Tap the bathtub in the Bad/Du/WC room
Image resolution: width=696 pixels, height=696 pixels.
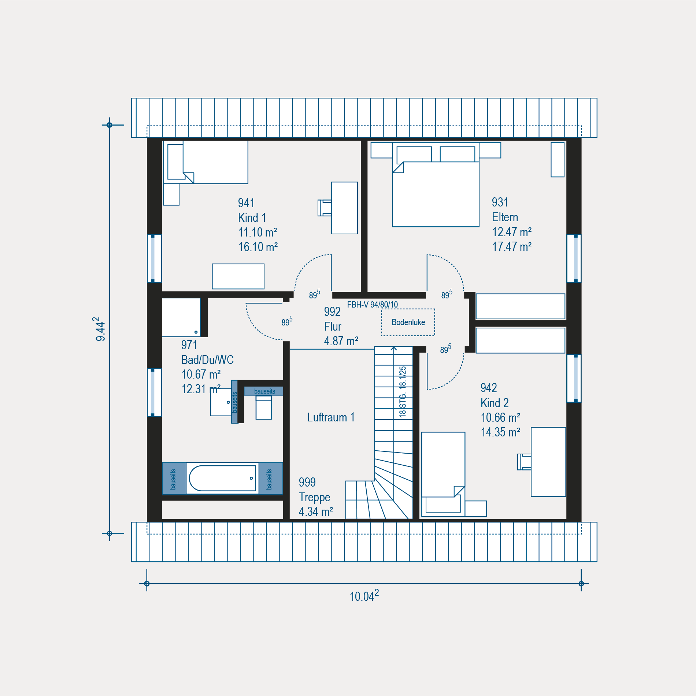click(222, 478)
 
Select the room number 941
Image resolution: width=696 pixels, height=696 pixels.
click(246, 203)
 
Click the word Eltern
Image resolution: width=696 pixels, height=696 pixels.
click(505, 217)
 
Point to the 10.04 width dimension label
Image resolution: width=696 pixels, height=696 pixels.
click(364, 596)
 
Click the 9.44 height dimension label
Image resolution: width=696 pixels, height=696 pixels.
click(100, 329)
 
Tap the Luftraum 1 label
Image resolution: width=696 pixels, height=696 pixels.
click(331, 417)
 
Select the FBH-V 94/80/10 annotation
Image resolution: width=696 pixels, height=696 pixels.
click(372, 305)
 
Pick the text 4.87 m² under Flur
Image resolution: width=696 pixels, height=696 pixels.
click(341, 341)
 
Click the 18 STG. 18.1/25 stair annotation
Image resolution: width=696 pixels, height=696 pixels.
click(403, 392)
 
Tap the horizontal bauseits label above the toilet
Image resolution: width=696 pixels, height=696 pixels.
click(264, 391)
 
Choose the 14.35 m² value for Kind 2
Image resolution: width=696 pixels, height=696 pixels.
click(500, 432)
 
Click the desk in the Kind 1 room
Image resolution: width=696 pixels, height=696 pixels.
click(344, 208)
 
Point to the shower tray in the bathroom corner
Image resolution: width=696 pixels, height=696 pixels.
click(181, 317)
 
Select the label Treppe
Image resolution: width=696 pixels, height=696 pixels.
click(314, 497)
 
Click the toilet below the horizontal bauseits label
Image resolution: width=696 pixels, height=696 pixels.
click(263, 407)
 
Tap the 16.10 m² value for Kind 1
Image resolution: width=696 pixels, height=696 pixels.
click(258, 247)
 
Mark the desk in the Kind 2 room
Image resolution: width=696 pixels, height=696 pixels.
click(548, 462)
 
